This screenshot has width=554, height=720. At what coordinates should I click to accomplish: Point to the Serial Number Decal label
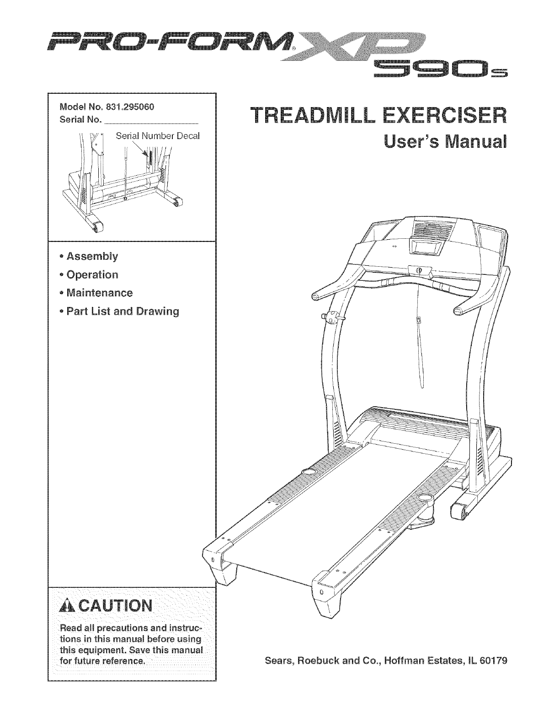tap(158, 136)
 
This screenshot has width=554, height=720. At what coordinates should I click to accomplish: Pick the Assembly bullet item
tap(92, 256)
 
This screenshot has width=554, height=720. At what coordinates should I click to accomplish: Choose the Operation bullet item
tap(92, 275)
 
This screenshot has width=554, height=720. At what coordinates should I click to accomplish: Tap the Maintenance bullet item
tap(99, 293)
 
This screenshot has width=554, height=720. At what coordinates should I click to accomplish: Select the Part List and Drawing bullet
tap(123, 312)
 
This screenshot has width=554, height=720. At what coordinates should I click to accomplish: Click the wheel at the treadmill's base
tap(460, 512)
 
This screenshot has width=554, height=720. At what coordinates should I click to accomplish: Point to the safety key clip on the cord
tap(419, 321)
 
